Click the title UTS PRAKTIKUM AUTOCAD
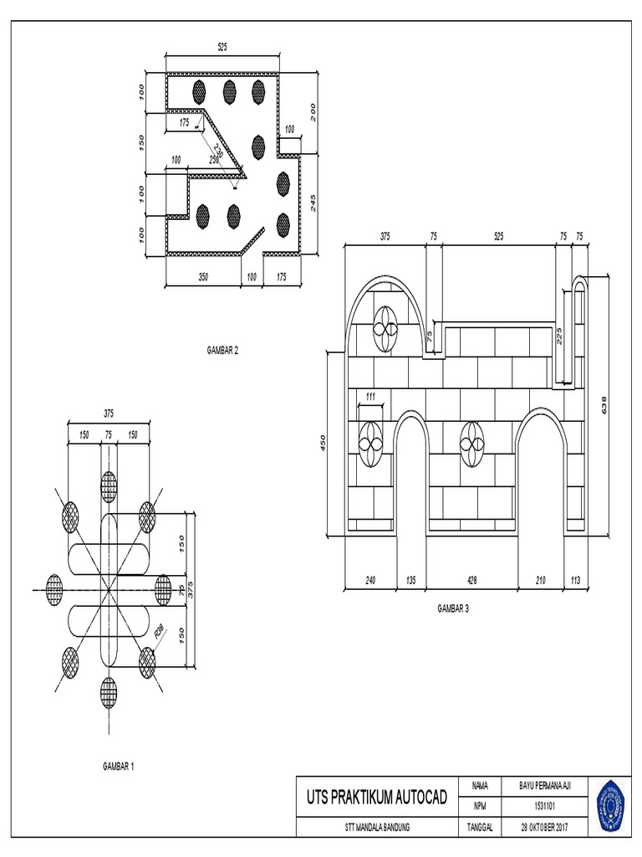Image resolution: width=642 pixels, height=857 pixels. point(379,795)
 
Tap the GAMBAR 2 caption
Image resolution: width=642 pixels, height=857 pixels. point(222,352)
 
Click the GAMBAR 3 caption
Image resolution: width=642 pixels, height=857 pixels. point(453,608)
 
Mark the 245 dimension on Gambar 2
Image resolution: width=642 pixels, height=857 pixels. point(313,203)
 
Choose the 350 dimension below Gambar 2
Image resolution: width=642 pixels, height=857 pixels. point(202,275)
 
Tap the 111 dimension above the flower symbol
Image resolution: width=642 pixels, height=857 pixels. point(369,395)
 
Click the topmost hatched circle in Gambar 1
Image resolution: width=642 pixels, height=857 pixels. point(109,485)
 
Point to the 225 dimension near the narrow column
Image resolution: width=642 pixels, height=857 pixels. point(559,335)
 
